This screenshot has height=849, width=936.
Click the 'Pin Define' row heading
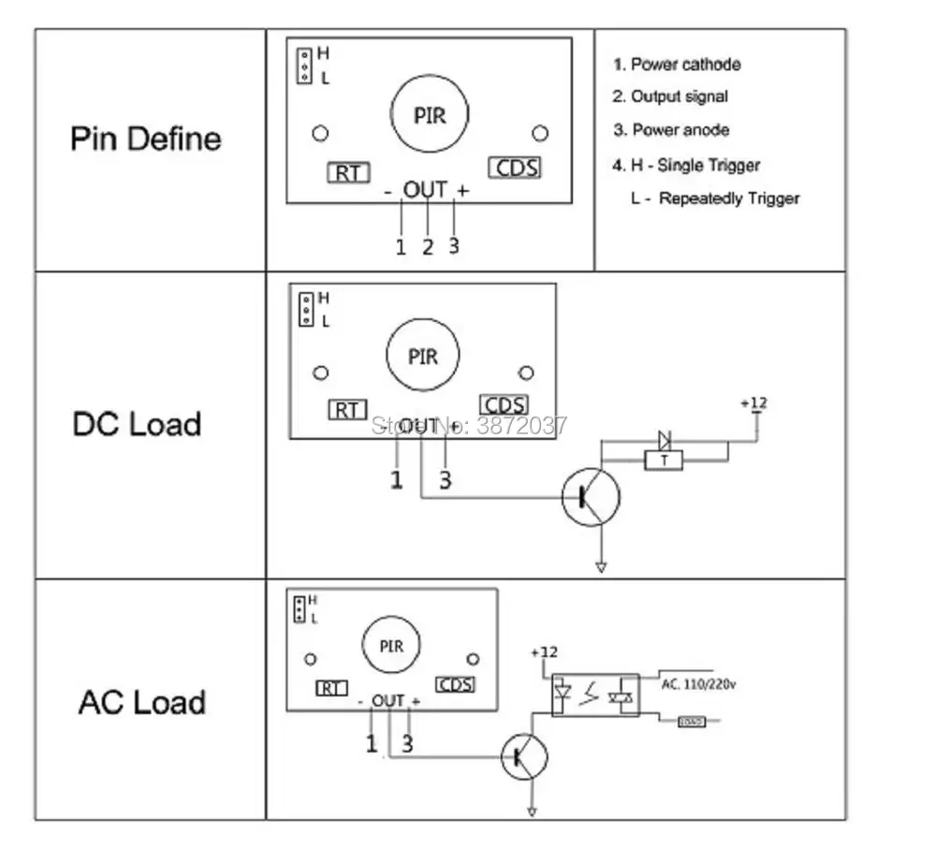tap(146, 139)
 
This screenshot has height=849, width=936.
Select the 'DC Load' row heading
tap(137, 424)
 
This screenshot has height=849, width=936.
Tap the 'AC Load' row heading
tap(142, 702)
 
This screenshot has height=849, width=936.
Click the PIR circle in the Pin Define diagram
tap(430, 115)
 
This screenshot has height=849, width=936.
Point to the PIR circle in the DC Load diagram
tap(423, 358)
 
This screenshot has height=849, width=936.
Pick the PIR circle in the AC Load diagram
tap(391, 646)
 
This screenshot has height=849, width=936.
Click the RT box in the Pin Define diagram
tap(348, 172)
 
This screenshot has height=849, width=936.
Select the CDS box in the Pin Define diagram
tap(516, 168)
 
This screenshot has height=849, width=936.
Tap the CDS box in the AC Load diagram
tap(456, 684)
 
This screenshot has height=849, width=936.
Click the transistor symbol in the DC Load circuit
tap(591, 496)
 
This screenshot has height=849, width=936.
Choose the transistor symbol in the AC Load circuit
tap(526, 756)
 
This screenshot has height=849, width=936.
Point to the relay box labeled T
tap(664, 460)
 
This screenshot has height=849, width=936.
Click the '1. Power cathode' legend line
tap(677, 65)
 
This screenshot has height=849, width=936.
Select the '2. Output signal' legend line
tap(670, 96)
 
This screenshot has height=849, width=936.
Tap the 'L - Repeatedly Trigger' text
tap(715, 198)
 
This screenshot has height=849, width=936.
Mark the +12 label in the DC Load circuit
tap(753, 403)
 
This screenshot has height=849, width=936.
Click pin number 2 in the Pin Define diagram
tap(428, 247)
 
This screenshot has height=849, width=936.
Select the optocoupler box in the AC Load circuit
tap(595, 695)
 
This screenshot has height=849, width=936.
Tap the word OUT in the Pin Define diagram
tap(425, 190)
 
